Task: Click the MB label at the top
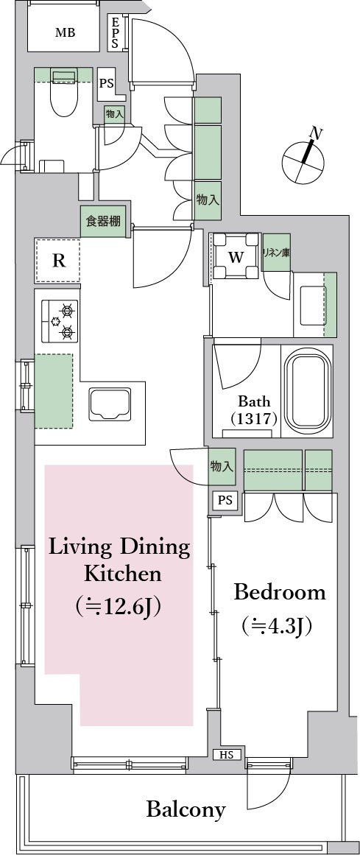[x=65, y=32]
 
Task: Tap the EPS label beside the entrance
[x=115, y=34]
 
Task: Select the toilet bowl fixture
[x=64, y=93]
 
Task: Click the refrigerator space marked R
[x=58, y=261]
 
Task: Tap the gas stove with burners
[x=60, y=320]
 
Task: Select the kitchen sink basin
[x=110, y=404]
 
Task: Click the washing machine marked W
[x=236, y=256]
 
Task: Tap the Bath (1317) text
[x=254, y=411]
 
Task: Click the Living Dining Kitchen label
[x=119, y=577]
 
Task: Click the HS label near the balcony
[x=226, y=755]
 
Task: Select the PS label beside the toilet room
[x=106, y=84]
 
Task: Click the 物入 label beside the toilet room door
[x=115, y=114]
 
